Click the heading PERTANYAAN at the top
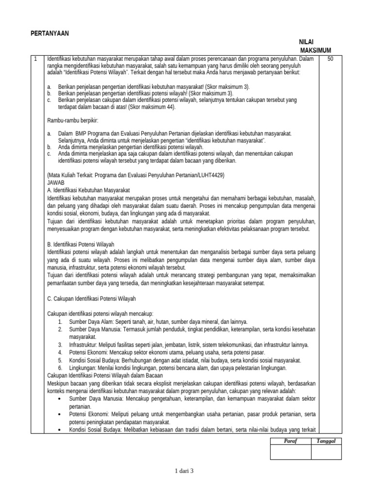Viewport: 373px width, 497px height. tap(50, 33)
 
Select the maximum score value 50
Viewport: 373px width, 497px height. tap(331, 59)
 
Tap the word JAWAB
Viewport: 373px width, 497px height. tap(56, 182)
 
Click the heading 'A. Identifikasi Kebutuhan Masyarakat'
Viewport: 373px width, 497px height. tap(89, 190)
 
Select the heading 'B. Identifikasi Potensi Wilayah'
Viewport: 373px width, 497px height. tap(81, 244)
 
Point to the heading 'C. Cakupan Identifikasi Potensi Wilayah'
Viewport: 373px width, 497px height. tap(91, 298)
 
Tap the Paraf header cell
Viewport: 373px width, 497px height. tap(290, 441)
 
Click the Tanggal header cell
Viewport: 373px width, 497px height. tap(326, 441)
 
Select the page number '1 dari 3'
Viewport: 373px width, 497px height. tap(186, 470)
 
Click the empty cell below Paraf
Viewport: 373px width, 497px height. tap(290, 452)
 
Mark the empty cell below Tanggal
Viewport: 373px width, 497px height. tap(326, 452)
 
